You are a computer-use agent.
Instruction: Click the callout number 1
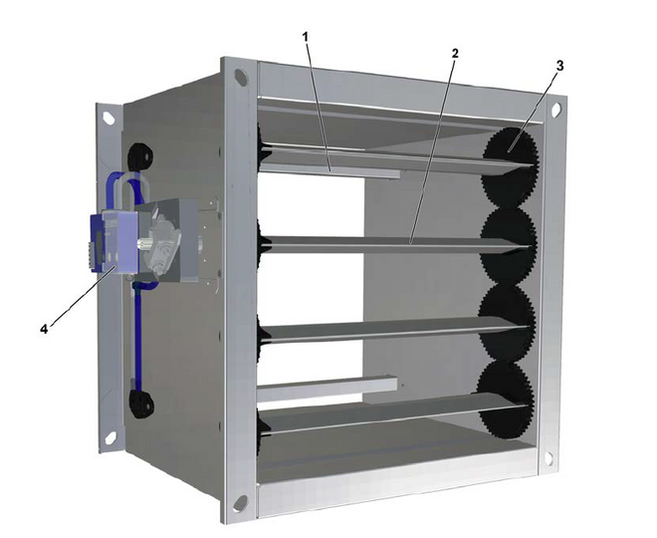306,37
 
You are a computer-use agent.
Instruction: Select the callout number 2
455,53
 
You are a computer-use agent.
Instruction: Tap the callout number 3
559,66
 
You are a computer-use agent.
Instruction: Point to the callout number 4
45,329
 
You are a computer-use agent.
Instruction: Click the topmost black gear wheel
510,167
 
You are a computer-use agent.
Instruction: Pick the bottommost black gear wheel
505,401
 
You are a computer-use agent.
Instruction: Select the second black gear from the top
509,243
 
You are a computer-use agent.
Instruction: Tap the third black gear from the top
507,323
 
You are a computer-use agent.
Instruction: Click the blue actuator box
113,242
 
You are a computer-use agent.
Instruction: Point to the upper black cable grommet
139,156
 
